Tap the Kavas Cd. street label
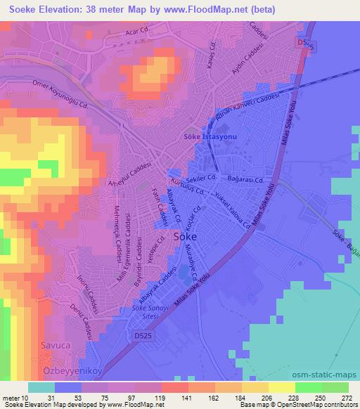coord(210,51)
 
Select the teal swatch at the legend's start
coord(41,387)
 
